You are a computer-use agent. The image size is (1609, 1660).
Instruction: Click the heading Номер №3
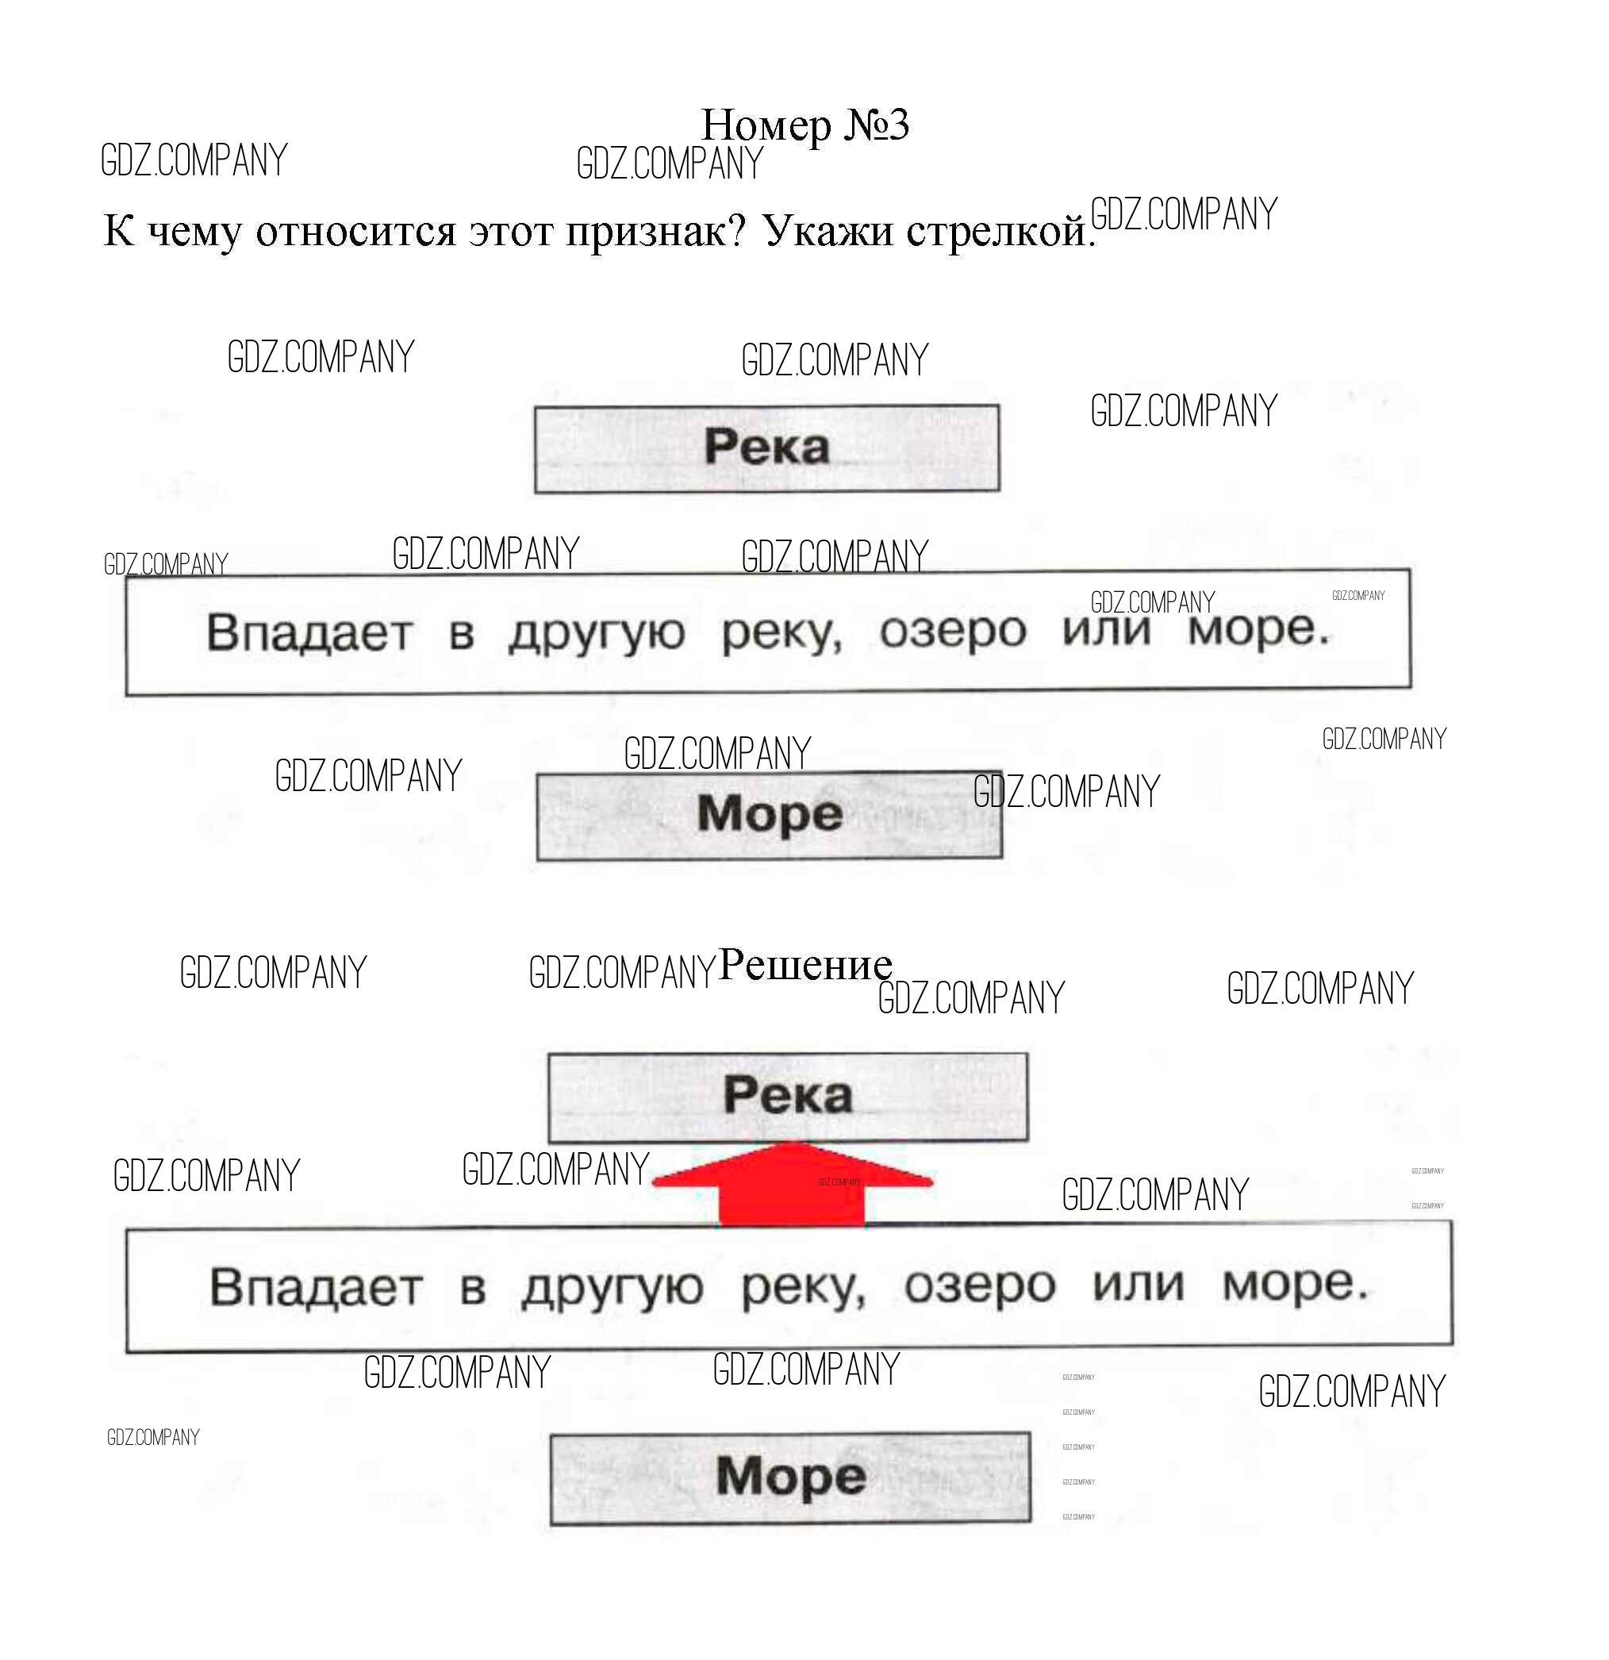click(x=804, y=125)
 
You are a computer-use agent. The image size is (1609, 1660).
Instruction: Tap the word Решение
click(x=804, y=965)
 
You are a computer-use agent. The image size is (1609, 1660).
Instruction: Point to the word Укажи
click(x=828, y=230)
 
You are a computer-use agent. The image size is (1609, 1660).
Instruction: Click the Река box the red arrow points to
click(x=788, y=1097)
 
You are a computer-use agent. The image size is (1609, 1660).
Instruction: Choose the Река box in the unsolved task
click(x=766, y=448)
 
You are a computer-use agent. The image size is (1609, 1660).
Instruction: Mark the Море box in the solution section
click(x=790, y=1478)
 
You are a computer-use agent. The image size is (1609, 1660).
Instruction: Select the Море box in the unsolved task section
click(x=769, y=815)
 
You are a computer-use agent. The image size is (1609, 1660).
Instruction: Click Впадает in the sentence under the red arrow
click(x=315, y=1287)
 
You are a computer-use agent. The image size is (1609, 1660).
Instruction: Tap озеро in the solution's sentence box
click(x=980, y=1285)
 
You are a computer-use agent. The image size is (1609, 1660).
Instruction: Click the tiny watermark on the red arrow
click(x=839, y=1182)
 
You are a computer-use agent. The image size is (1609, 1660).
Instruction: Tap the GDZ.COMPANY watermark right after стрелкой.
click(x=1183, y=214)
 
